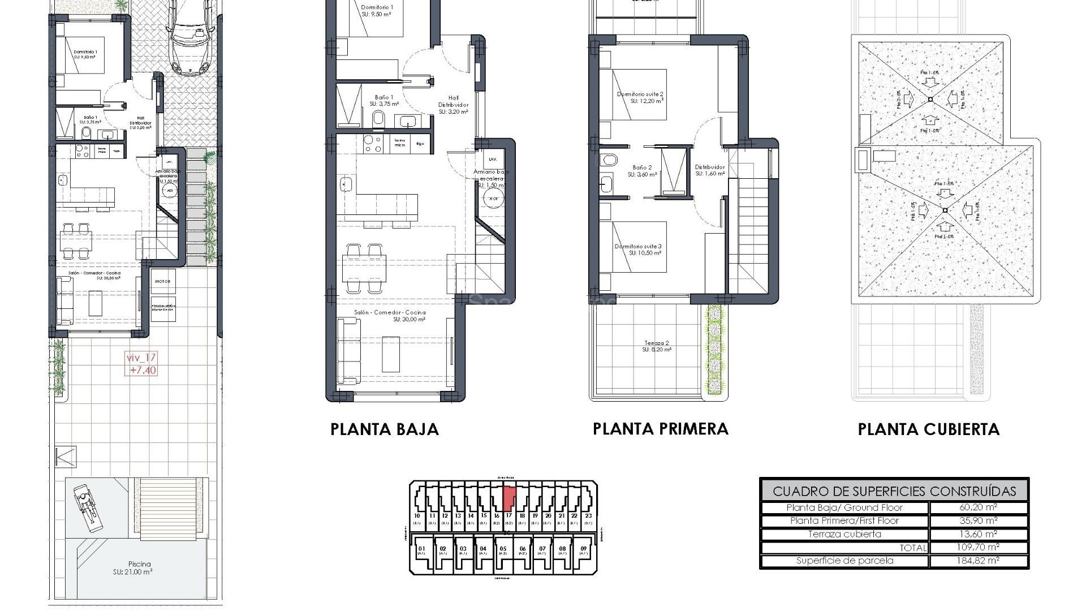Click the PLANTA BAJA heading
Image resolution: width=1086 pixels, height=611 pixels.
pyautogui.click(x=385, y=429)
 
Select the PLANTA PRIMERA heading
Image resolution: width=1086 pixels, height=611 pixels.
pyautogui.click(x=660, y=429)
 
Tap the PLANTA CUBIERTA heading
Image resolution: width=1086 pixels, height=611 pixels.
pyautogui.click(x=928, y=429)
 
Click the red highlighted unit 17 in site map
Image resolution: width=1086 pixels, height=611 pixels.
pyautogui.click(x=508, y=497)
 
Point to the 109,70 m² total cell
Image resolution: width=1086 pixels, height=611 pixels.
pyautogui.click(x=978, y=547)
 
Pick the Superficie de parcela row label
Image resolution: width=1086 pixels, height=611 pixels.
pyautogui.click(x=844, y=561)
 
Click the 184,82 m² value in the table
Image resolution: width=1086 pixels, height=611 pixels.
pyautogui.click(x=978, y=561)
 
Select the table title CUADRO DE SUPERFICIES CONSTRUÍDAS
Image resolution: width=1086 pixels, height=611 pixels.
pyautogui.click(x=894, y=491)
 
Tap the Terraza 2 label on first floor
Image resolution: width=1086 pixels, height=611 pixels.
pyautogui.click(x=656, y=346)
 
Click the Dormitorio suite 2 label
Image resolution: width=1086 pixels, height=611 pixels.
pyautogui.click(x=640, y=97)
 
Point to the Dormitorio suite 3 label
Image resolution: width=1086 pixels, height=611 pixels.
pyautogui.click(x=638, y=249)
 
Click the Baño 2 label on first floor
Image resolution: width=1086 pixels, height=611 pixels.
pyautogui.click(x=642, y=171)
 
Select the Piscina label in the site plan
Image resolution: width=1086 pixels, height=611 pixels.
pyautogui.click(x=139, y=567)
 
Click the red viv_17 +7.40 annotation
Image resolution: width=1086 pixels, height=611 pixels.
pyautogui.click(x=141, y=364)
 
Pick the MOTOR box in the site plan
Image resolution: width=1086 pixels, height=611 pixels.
pyautogui.click(x=163, y=281)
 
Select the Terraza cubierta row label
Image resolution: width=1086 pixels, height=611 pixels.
pyautogui.click(x=844, y=534)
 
